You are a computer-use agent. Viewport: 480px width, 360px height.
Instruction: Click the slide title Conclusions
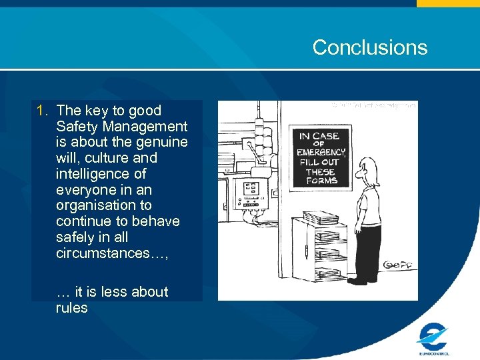click(369, 47)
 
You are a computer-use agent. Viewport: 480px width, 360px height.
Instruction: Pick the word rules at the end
click(72, 308)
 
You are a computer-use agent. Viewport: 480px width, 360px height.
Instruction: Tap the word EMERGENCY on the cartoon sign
click(322, 152)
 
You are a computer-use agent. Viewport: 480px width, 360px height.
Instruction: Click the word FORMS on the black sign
click(322, 181)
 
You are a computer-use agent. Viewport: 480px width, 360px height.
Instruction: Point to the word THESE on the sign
click(321, 172)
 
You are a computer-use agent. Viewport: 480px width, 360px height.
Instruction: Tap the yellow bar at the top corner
click(448, 3)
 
